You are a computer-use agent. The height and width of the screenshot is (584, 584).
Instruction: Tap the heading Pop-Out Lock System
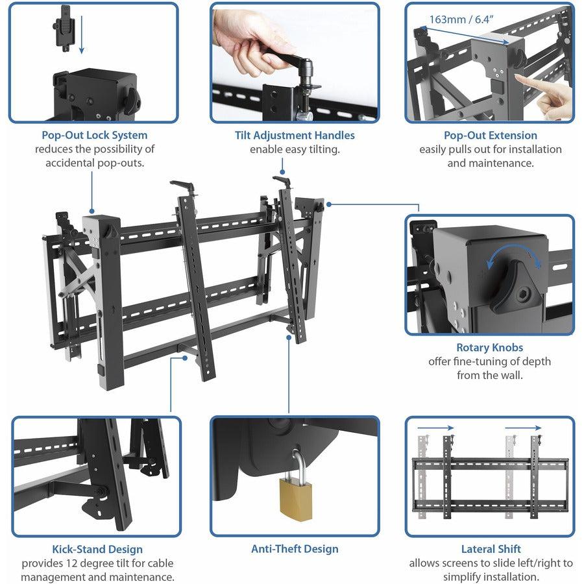[94, 136]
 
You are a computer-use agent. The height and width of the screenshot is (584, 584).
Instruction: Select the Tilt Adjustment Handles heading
[295, 136]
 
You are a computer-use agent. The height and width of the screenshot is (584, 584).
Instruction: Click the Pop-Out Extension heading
[490, 136]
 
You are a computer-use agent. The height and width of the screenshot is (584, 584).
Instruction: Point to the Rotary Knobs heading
[489, 348]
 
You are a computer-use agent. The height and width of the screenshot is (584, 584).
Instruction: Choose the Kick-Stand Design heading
[97, 550]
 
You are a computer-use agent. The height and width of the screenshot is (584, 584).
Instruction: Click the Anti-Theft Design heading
[295, 549]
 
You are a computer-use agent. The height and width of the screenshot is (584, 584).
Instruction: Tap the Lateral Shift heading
[491, 549]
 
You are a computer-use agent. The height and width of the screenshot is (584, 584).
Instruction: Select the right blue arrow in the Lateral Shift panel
[523, 428]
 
